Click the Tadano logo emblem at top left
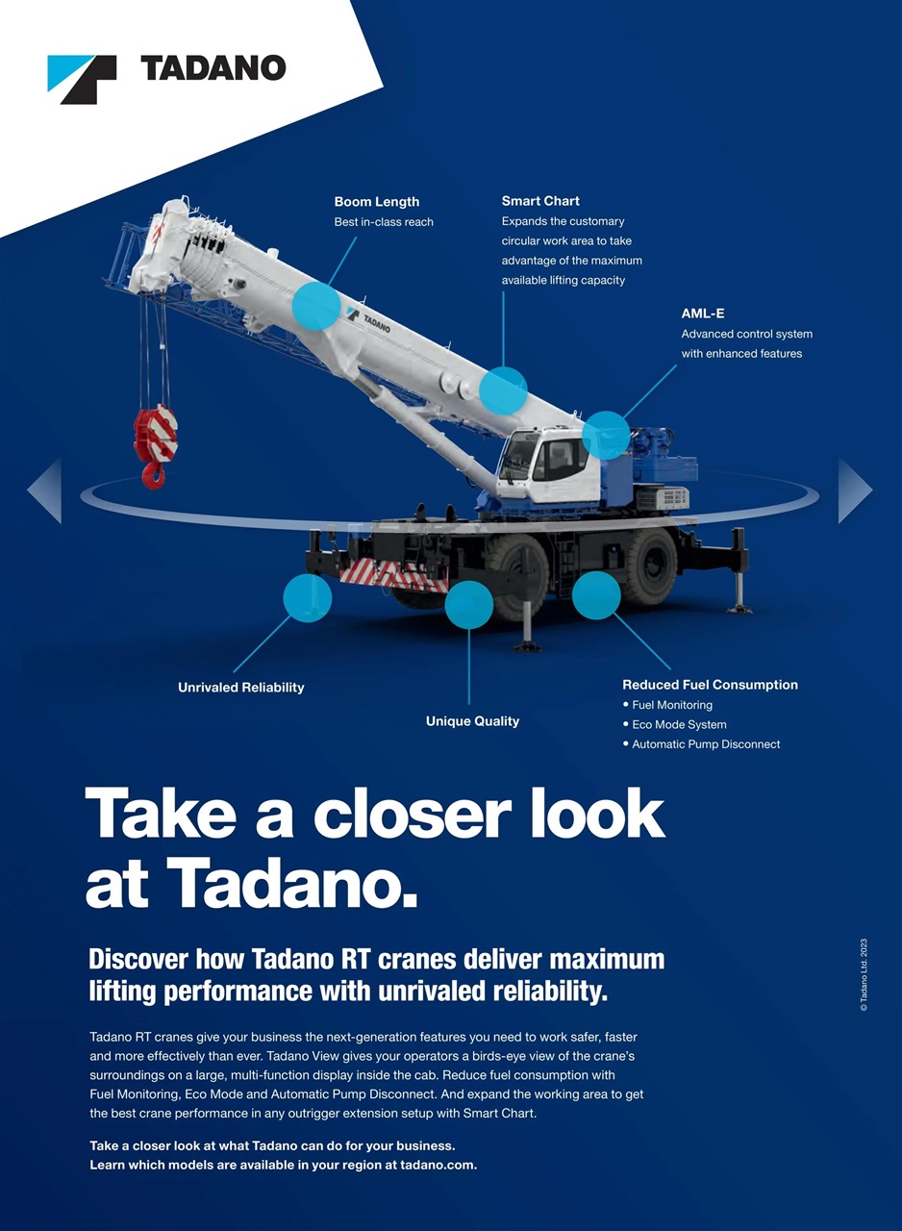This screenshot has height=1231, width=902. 82,79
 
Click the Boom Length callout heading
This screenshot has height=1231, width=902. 376,202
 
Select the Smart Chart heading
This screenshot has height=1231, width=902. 539,201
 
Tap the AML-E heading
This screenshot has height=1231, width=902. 702,314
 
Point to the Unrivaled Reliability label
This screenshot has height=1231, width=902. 240,688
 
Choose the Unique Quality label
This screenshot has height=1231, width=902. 472,721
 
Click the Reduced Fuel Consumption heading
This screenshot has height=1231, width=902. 710,685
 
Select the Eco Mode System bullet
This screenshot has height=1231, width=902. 679,724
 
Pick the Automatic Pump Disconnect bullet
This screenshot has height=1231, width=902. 706,744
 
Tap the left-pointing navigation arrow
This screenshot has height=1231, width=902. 45,490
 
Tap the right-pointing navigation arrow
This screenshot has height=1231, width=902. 855,490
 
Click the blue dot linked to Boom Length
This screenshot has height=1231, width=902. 315,306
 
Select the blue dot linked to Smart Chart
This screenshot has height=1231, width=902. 503,390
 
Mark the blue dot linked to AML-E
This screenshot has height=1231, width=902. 606,435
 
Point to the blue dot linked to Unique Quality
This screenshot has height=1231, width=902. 468,605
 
